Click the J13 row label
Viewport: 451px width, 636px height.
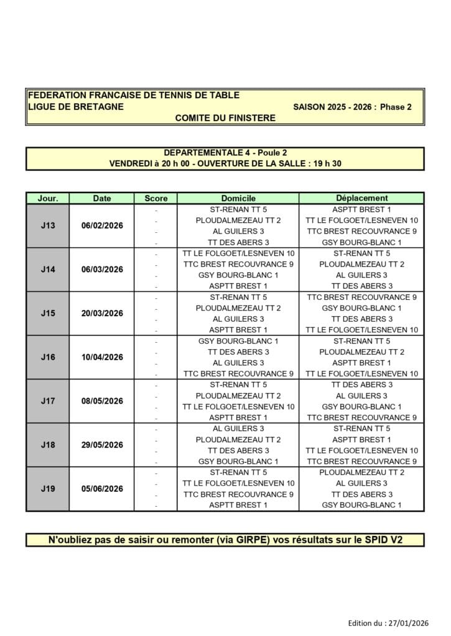tap(48, 225)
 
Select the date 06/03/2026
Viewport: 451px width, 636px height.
tap(102, 270)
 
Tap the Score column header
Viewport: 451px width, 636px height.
tap(156, 198)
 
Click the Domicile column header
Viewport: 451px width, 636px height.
tap(238, 198)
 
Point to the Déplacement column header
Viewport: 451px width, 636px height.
tap(361, 198)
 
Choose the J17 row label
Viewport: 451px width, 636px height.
tap(48, 401)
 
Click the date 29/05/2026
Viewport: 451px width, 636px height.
tap(102, 445)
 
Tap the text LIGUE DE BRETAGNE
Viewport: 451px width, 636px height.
tap(76, 106)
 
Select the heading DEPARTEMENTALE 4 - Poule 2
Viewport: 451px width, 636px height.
tap(225, 153)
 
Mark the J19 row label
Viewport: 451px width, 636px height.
tap(48, 489)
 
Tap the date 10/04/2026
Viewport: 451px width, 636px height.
tap(102, 357)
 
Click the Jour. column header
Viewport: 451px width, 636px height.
tap(48, 198)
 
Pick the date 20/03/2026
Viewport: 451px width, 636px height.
tap(102, 313)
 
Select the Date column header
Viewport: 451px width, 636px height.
tap(102, 198)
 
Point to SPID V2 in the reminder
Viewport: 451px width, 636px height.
tap(381, 540)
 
